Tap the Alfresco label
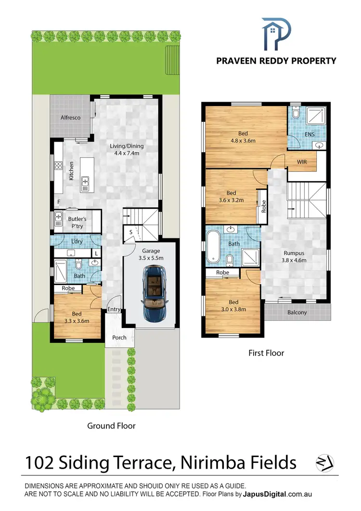click(70, 117)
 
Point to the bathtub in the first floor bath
click(213, 247)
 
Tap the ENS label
click(309, 133)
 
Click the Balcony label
click(297, 312)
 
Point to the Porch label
click(119, 337)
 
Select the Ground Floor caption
click(111, 426)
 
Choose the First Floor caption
click(266, 353)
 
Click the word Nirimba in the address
click(210, 463)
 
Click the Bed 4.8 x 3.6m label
click(243, 137)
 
